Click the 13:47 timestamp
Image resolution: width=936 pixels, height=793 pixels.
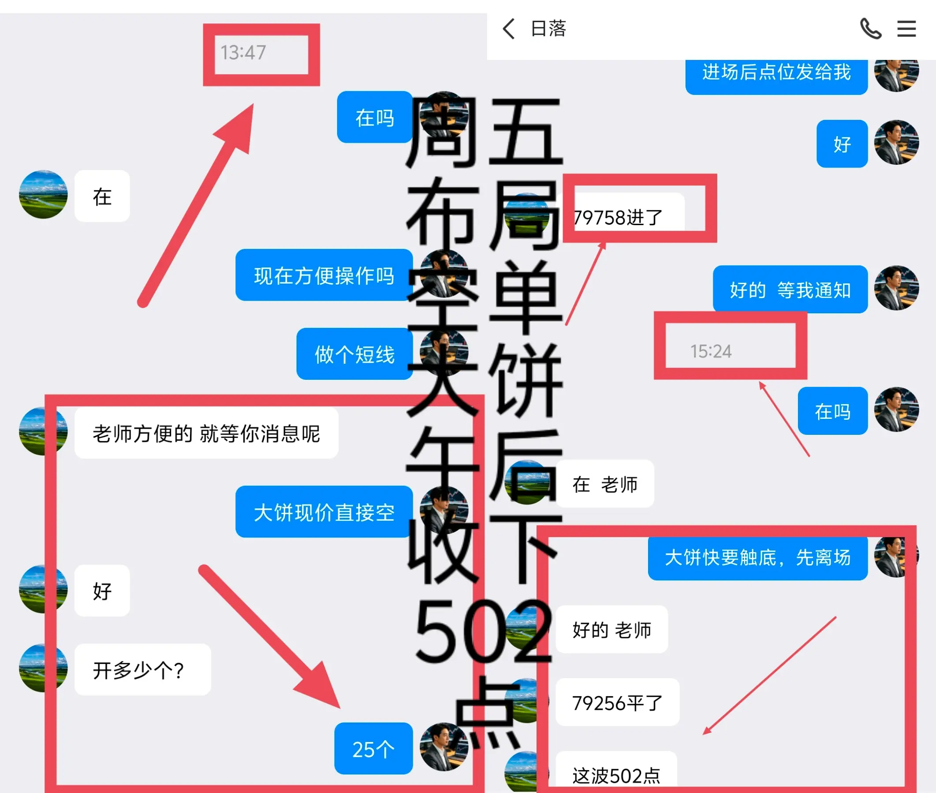[x=243, y=52]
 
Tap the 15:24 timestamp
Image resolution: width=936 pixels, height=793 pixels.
[x=711, y=351]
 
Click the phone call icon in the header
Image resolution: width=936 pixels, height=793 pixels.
[x=870, y=29]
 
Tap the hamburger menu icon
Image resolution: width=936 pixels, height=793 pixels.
[x=906, y=29]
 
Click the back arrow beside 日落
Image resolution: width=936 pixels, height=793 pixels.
[x=509, y=29]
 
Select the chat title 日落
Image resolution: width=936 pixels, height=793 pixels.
[x=548, y=29]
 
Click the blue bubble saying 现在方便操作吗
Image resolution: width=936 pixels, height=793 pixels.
[x=324, y=275]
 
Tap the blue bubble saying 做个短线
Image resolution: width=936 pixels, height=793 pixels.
[x=354, y=354]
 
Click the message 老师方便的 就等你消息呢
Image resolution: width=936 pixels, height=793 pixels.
[x=206, y=433]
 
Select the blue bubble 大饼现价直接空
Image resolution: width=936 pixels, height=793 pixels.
[x=324, y=511]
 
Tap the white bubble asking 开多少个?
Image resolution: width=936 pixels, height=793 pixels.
[x=142, y=669]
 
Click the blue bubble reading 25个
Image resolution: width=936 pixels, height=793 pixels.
[x=373, y=749]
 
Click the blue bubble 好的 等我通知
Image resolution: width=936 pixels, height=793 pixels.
[x=790, y=289]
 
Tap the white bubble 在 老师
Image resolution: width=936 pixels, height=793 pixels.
[x=605, y=484]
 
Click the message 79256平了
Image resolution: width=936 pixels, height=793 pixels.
[x=618, y=702]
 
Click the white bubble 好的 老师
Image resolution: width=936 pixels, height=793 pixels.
[x=612, y=630]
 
